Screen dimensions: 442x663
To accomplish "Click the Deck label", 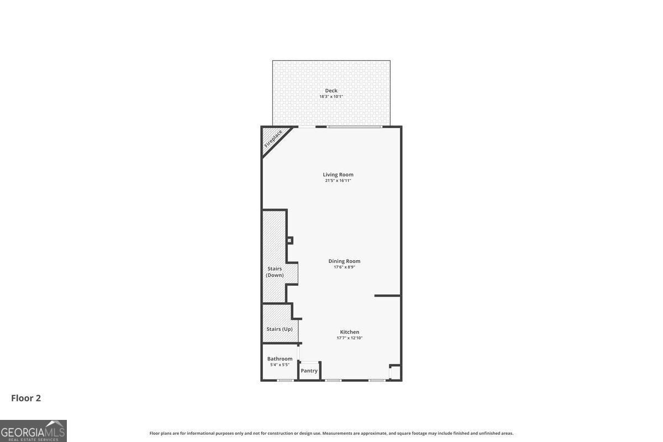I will tap(331, 91).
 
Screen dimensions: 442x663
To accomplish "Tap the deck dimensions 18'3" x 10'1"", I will tap(331, 97).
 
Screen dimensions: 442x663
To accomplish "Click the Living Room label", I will tap(338, 175).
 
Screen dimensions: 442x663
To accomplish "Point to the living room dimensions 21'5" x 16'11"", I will tap(338, 181).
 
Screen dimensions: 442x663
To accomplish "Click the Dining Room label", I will tap(344, 261).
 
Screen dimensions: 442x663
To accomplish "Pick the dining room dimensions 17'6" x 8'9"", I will tap(344, 267).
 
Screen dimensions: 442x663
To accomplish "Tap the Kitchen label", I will tap(350, 332).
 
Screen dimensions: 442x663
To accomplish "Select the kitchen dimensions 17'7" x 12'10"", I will tap(350, 338).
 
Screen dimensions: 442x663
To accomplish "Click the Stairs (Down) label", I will tap(275, 272).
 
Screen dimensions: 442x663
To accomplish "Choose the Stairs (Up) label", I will tap(280, 329).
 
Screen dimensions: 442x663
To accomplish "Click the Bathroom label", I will tap(280, 359).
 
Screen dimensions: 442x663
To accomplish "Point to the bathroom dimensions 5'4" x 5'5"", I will tap(280, 365).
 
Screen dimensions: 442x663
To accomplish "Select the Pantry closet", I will tap(309, 371).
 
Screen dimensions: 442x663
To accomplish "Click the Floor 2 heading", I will tap(26, 398).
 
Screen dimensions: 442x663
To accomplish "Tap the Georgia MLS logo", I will tap(33, 431).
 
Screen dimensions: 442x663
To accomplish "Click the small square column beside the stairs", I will tap(290, 240).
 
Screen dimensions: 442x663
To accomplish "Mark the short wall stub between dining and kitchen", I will tap(387, 296).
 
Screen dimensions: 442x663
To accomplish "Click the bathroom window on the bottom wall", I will tap(285, 380).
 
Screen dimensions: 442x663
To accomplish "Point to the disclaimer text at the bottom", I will tap(331, 433).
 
